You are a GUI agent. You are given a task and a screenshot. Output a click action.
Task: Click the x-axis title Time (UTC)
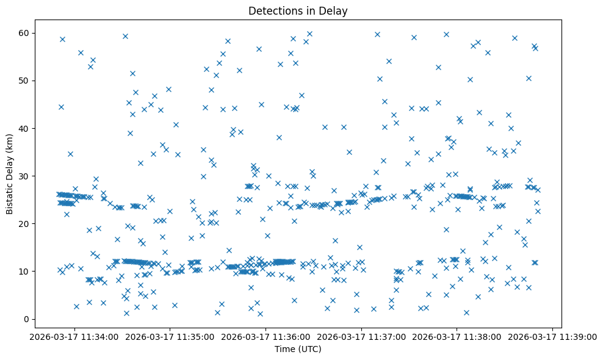click(298, 350)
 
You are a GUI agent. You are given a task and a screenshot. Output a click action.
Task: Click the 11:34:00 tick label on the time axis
click(74, 336)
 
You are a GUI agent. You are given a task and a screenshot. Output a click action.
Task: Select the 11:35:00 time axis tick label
click(170, 336)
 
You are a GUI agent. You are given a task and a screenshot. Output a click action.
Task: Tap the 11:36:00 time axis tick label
click(266, 336)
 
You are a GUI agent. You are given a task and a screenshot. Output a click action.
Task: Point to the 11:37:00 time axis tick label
click(362, 336)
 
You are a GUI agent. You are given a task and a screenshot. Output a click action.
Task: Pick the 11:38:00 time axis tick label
click(458, 336)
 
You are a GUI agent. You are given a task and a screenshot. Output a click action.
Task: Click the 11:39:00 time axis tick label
click(553, 336)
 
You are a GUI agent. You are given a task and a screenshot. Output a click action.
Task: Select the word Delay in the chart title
click(335, 11)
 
